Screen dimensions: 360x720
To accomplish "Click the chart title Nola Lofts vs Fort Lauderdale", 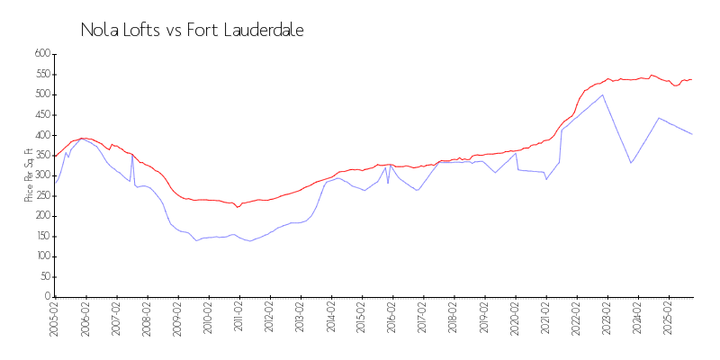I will [192, 31].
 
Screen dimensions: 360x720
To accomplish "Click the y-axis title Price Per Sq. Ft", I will [29, 175].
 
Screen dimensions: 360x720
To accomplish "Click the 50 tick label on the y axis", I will [43, 277].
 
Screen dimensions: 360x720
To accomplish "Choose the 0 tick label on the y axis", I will [47, 297].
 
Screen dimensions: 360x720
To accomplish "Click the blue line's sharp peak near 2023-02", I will [602, 94].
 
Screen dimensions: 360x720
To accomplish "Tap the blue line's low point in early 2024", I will [631, 163].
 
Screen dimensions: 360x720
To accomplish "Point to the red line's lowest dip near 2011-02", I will [238, 207].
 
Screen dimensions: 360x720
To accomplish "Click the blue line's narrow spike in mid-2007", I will [132, 155].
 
